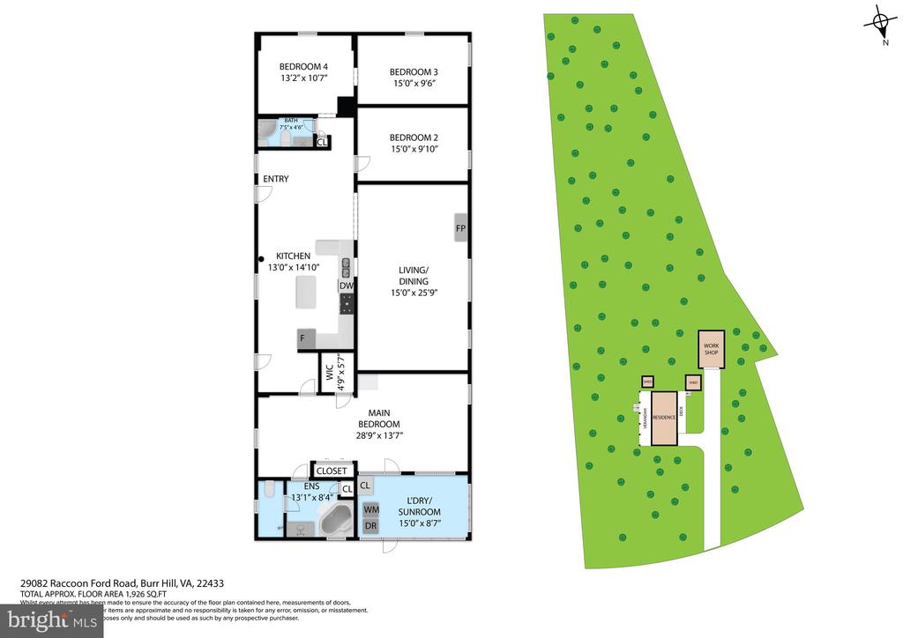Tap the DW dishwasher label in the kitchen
pyautogui.click(x=347, y=286)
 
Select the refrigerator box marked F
pyautogui.click(x=304, y=336)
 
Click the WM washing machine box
pyautogui.click(x=370, y=509)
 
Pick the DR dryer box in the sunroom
pyautogui.click(x=370, y=526)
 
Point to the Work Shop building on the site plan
pyautogui.click(x=711, y=350)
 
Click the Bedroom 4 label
pyautogui.click(x=303, y=67)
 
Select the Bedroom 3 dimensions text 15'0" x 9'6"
pyautogui.click(x=414, y=84)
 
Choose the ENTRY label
pyautogui.click(x=276, y=180)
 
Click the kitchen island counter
pyautogui.click(x=306, y=292)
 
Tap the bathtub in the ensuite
pyautogui.click(x=334, y=519)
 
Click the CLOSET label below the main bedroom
pyautogui.click(x=332, y=471)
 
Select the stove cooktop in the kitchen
pyautogui.click(x=347, y=305)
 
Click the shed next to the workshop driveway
pyautogui.click(x=692, y=382)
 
